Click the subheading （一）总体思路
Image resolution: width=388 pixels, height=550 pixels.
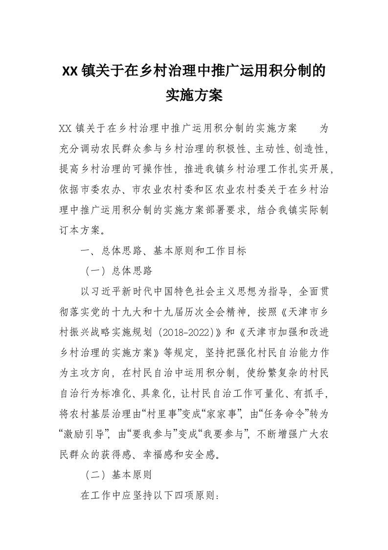pyautogui.click(x=117, y=270)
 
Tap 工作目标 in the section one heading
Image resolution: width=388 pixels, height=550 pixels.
pyautogui.click(x=224, y=251)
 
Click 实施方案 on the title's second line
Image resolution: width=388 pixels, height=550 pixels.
pyautogui.click(x=194, y=95)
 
